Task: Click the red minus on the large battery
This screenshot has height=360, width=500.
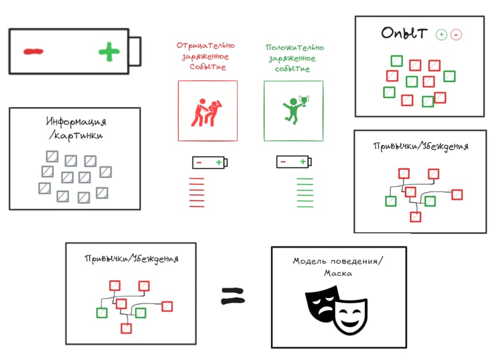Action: pos(33,52)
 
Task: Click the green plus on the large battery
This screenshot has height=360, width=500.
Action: pos(109,52)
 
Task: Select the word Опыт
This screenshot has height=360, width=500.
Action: pos(404,33)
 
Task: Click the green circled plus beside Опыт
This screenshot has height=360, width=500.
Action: pos(441,34)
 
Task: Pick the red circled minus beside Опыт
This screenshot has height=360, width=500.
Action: pos(456,35)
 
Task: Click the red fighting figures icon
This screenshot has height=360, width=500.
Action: pos(206,111)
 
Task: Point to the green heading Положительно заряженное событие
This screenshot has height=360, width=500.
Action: pos(294,58)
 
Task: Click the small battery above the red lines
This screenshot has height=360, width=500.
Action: pos(210,163)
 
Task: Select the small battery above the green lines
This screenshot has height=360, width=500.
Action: pos(293,162)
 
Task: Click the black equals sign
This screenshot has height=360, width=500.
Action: pos(233,296)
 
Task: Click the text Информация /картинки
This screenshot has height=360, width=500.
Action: pos(76,128)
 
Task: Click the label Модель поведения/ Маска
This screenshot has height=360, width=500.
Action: pos(338,267)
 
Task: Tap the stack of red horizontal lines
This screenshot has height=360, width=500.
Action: pos(196,192)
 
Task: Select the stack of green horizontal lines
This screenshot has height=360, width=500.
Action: pos(305,192)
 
